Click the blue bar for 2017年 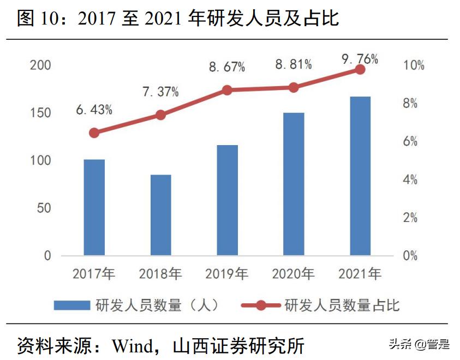pyautogui.click(x=94, y=207)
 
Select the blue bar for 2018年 pyautogui.click(x=160, y=215)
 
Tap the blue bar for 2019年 pyautogui.click(x=227, y=200)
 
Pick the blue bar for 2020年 pyautogui.click(x=294, y=184)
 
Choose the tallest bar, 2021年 pyautogui.click(x=360, y=176)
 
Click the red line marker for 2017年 pyautogui.click(x=94, y=133)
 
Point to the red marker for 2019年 pyautogui.click(x=227, y=90)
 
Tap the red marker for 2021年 pyautogui.click(x=360, y=69)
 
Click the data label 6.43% pyautogui.click(x=94, y=110)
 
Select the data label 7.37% pyautogui.click(x=160, y=92)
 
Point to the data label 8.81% pyautogui.click(x=294, y=65)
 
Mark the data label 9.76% pyautogui.click(x=360, y=59)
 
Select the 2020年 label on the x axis pyautogui.click(x=294, y=274)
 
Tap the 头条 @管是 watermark pyautogui.click(x=419, y=344)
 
